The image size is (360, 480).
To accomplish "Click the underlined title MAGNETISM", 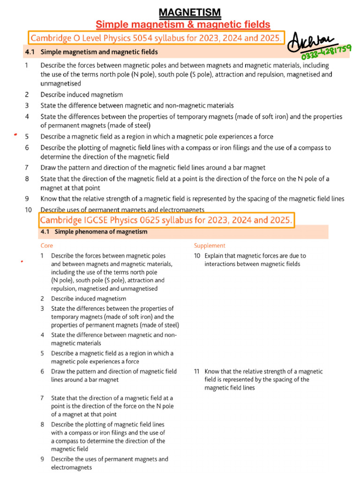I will tap(183, 12).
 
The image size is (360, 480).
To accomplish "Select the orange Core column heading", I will tap(47, 246).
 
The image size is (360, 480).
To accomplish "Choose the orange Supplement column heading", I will tap(210, 246).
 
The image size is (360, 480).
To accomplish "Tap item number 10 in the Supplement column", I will tap(197, 256).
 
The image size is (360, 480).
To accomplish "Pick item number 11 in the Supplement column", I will tap(197, 371).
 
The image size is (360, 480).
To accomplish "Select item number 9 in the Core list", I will tap(42, 459).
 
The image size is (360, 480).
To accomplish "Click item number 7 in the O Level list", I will tap(27, 168).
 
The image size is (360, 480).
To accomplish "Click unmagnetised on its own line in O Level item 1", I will tap(60, 83).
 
